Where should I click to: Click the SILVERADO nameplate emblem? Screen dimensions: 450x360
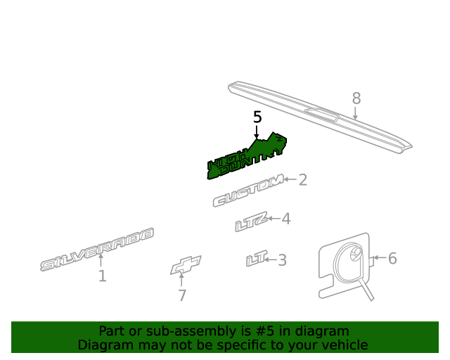pos(97,249)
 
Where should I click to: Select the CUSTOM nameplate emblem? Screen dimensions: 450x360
pos(248,191)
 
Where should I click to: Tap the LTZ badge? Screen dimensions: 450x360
pos(252,221)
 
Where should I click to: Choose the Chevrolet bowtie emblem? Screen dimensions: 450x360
pos(186,265)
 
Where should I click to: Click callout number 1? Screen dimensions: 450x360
pos(103,276)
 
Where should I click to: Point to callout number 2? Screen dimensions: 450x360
pos(303,180)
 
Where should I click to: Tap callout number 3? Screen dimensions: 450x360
pos(283,260)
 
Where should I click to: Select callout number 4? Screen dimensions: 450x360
pos(286,219)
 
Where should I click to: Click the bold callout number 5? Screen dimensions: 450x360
pos(257,117)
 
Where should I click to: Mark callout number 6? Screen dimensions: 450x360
pos(392,258)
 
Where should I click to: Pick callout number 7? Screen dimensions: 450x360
pos(182,295)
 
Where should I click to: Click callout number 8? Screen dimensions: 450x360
pos(356,98)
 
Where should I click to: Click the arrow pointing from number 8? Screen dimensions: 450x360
pos(355,113)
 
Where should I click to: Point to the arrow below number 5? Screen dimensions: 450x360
pos(257,131)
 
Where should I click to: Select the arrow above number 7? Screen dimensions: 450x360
pos(181,280)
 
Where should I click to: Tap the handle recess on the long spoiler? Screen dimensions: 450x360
pos(322,115)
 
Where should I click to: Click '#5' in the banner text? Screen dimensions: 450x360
pos(264,331)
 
